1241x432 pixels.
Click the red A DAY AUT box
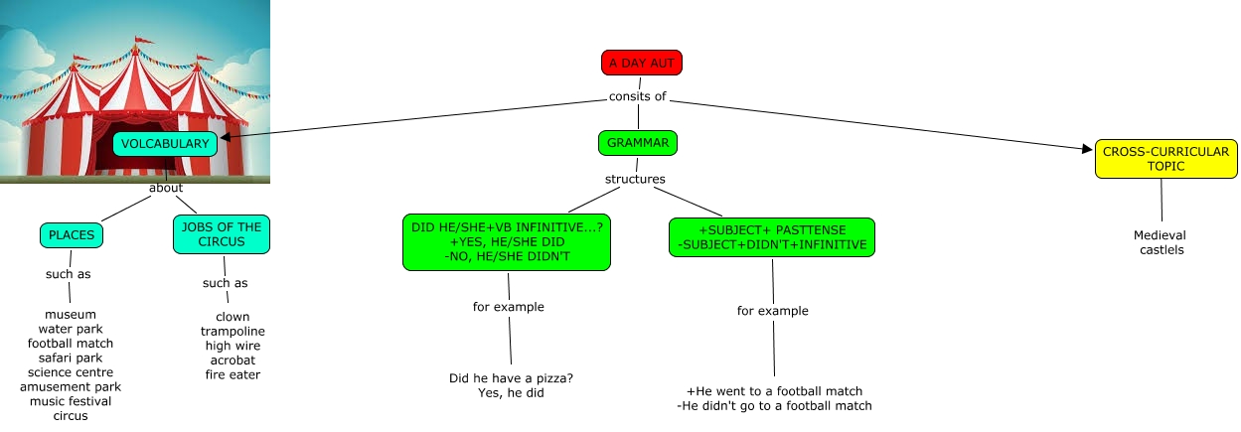tap(641, 63)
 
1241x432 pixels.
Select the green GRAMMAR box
tap(638, 143)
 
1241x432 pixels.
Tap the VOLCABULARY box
tap(165, 144)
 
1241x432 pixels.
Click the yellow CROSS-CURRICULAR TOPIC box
tap(1165, 159)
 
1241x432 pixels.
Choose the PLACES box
tap(72, 235)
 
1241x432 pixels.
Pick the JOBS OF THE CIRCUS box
tap(222, 233)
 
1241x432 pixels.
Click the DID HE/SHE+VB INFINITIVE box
tap(507, 242)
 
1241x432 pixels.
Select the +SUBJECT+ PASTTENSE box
tap(772, 237)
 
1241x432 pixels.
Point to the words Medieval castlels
tap(1161, 242)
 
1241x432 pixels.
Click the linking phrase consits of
tap(637, 97)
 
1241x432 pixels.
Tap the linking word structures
tap(635, 180)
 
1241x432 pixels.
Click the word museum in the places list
tap(71, 315)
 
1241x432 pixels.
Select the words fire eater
tap(233, 374)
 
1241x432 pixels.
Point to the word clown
tap(233, 317)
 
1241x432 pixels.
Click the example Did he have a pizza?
tap(511, 377)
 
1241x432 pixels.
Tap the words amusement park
tap(71, 386)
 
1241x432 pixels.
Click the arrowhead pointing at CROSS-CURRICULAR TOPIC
tap(1087, 150)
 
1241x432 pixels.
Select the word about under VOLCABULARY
tap(166, 188)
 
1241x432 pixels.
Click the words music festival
tap(71, 401)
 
